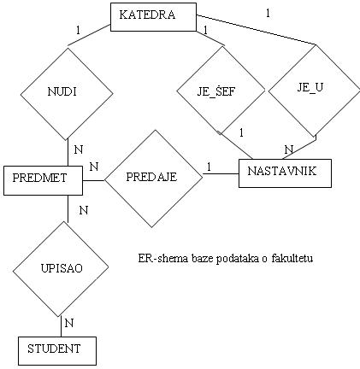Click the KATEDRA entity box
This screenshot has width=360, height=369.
click(x=153, y=17)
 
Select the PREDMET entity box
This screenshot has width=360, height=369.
click(x=43, y=181)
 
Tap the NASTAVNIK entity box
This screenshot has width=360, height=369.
click(x=285, y=173)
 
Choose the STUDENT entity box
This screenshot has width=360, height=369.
click(x=57, y=351)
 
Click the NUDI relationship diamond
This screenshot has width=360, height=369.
click(x=67, y=94)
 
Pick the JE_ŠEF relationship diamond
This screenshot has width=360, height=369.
click(x=221, y=91)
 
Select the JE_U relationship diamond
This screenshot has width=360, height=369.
click(x=314, y=91)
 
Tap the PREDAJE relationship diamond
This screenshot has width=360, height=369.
click(x=153, y=179)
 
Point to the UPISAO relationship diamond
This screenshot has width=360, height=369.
click(x=61, y=269)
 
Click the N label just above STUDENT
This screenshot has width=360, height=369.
click(x=69, y=323)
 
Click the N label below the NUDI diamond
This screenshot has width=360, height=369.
click(x=79, y=149)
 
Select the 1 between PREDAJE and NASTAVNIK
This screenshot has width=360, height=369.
click(x=209, y=167)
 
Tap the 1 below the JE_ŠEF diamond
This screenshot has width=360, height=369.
click(x=241, y=132)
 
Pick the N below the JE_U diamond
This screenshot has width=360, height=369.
click(x=289, y=149)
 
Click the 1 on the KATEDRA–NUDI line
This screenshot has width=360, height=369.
click(x=79, y=30)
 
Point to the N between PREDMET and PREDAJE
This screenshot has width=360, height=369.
click(x=94, y=167)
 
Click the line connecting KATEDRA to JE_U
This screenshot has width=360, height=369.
click(x=257, y=30)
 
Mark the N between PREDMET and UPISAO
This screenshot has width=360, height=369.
click(x=83, y=210)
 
